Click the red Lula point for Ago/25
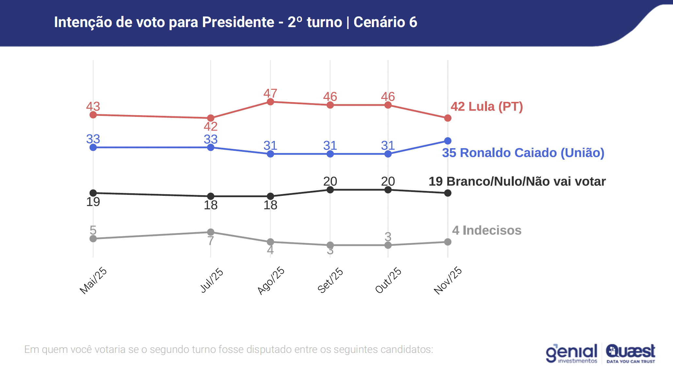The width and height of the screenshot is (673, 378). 270,102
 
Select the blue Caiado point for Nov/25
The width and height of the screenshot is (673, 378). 448,141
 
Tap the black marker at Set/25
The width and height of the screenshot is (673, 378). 330,190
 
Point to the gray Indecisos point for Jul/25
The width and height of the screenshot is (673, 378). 211,232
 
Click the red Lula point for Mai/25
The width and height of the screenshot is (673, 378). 93,115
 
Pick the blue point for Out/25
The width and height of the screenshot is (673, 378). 388,154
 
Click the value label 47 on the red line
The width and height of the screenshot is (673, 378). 270,93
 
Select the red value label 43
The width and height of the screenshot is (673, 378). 93,106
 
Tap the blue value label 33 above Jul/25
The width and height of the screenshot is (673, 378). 211,139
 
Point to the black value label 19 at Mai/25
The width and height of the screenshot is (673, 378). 93,202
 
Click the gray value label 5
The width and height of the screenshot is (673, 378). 93,230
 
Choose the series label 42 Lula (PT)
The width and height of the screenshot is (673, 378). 487,106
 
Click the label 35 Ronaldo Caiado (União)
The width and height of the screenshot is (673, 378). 523,153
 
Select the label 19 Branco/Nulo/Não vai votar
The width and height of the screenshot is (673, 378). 517,181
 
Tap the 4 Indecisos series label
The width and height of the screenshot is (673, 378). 487,230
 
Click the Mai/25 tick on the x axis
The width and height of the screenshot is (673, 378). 93,280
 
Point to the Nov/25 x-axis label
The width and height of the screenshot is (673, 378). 448,280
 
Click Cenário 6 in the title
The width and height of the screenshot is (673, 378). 385,22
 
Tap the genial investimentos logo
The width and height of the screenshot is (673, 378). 571,354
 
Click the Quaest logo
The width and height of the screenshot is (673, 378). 631,354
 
